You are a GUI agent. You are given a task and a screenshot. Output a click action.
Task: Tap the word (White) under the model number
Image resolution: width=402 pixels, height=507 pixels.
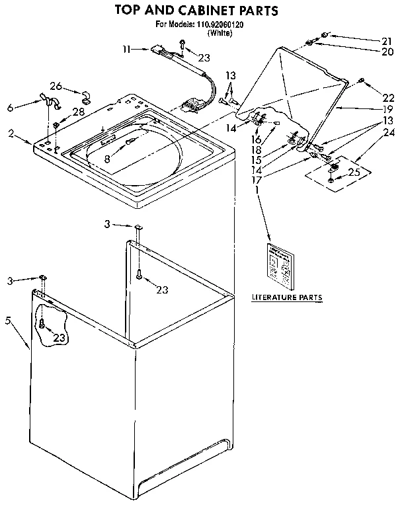(220, 32)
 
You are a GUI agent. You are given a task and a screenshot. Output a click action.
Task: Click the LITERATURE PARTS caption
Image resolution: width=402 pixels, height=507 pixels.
(286, 298)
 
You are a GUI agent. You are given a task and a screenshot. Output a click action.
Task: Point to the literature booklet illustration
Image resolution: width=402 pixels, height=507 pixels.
(280, 266)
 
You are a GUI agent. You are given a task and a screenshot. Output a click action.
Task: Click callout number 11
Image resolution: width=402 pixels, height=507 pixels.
(126, 48)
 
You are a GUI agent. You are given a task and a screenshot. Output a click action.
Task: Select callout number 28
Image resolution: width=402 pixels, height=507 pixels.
(79, 112)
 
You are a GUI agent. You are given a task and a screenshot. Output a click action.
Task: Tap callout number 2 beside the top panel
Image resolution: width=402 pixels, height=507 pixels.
(12, 134)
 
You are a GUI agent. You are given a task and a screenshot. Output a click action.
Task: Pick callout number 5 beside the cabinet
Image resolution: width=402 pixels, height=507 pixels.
(8, 321)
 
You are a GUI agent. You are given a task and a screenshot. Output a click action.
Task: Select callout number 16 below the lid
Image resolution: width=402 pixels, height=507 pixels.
(256, 140)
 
